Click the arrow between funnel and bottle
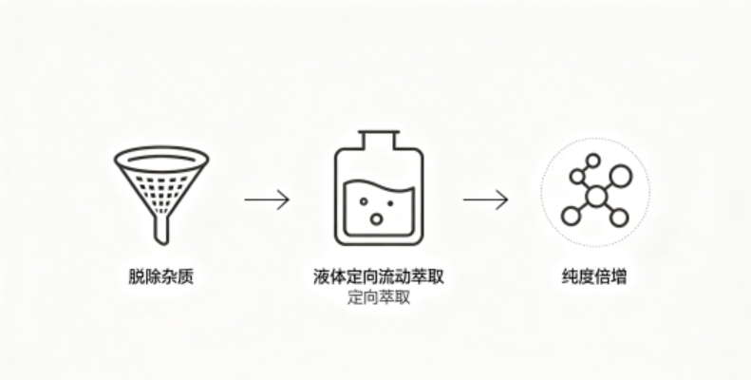tap(267, 199)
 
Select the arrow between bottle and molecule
tap(485, 199)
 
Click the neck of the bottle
tap(379, 139)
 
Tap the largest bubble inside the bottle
tap(376, 218)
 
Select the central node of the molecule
tap(596, 197)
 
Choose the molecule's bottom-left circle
tap(571, 216)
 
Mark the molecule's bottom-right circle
tap(619, 218)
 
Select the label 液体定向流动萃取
tap(379, 276)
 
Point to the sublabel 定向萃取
tap(379, 297)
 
